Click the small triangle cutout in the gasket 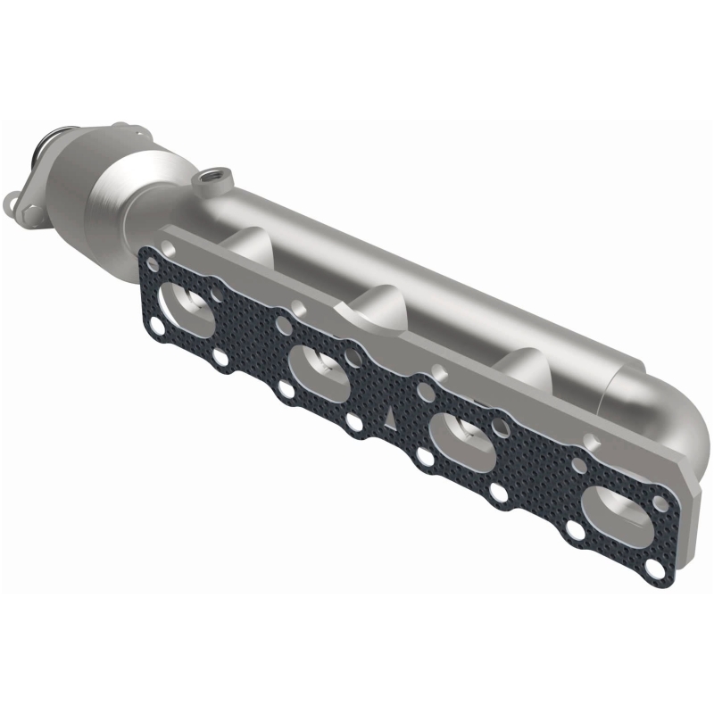391,412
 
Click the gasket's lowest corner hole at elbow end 659,569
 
